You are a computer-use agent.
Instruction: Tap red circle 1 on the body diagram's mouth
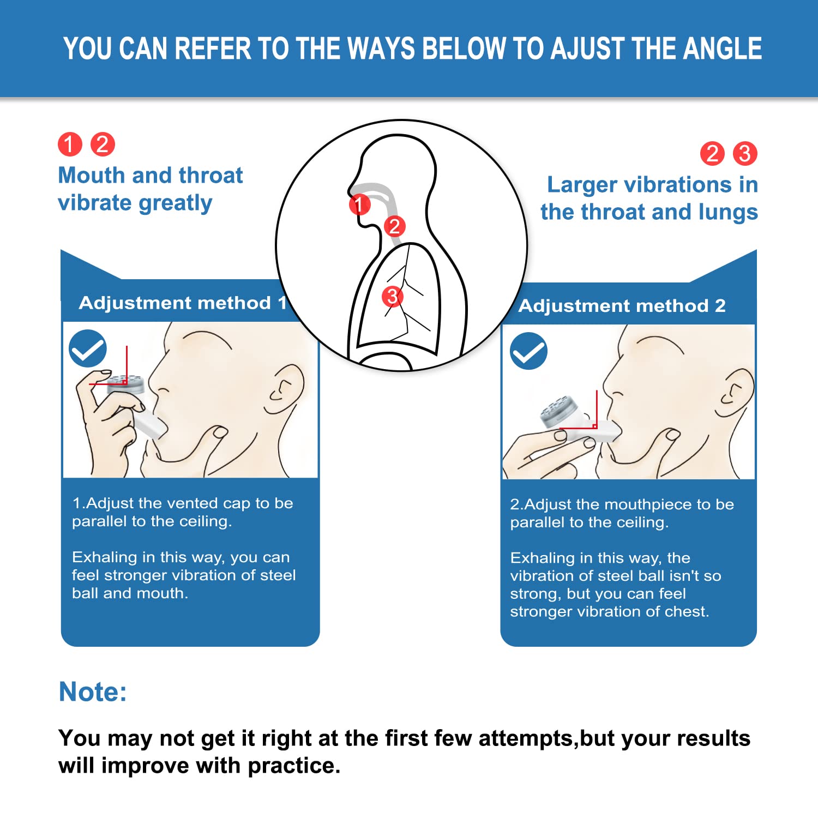click(x=359, y=204)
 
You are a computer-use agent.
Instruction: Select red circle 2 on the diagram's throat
click(x=394, y=226)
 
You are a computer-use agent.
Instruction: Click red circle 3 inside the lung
click(x=392, y=297)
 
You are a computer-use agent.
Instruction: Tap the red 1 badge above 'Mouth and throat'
click(x=70, y=145)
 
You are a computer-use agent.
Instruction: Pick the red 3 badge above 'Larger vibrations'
click(x=744, y=154)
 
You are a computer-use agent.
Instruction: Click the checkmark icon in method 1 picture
click(x=88, y=348)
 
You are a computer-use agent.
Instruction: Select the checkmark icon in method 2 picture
click(x=528, y=351)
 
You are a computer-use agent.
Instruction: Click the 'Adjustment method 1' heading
click(x=182, y=303)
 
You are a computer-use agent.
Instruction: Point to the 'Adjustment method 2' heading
click(x=622, y=305)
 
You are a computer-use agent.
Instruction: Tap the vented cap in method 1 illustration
click(x=126, y=384)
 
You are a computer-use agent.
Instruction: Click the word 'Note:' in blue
click(x=93, y=691)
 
